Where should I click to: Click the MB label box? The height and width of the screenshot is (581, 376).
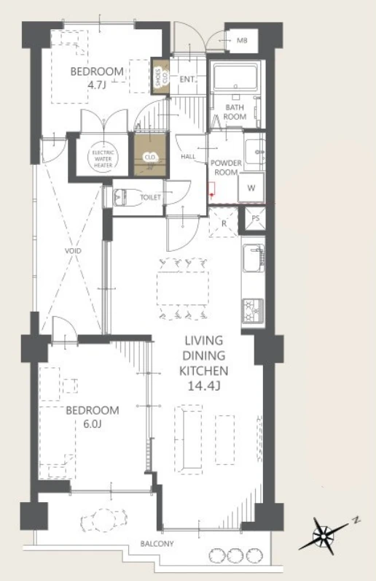point(241,40)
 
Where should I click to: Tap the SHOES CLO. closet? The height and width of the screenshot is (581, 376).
point(161,76)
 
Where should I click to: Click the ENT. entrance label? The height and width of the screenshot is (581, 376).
point(187,80)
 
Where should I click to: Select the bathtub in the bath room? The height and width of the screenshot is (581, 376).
point(235,77)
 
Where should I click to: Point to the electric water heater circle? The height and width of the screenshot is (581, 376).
point(103,158)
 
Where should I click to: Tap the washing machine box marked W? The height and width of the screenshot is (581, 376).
point(251,188)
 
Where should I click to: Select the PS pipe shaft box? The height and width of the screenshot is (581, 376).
point(255,218)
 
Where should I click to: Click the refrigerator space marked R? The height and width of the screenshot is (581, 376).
point(224,223)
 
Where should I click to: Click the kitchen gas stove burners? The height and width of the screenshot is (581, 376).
point(253,310)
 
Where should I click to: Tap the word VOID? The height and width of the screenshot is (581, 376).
point(73,251)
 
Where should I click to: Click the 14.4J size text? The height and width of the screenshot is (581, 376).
point(204,385)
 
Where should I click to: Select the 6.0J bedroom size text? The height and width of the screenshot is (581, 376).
point(93,423)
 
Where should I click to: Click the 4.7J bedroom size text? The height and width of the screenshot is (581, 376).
point(97,85)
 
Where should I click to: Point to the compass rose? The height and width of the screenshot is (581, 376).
point(324,536)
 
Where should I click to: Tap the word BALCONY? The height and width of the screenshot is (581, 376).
point(157,544)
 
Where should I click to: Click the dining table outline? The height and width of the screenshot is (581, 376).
point(182,288)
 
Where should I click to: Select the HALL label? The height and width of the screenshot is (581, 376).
point(188,157)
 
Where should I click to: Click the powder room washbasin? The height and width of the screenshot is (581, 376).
point(255,150)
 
